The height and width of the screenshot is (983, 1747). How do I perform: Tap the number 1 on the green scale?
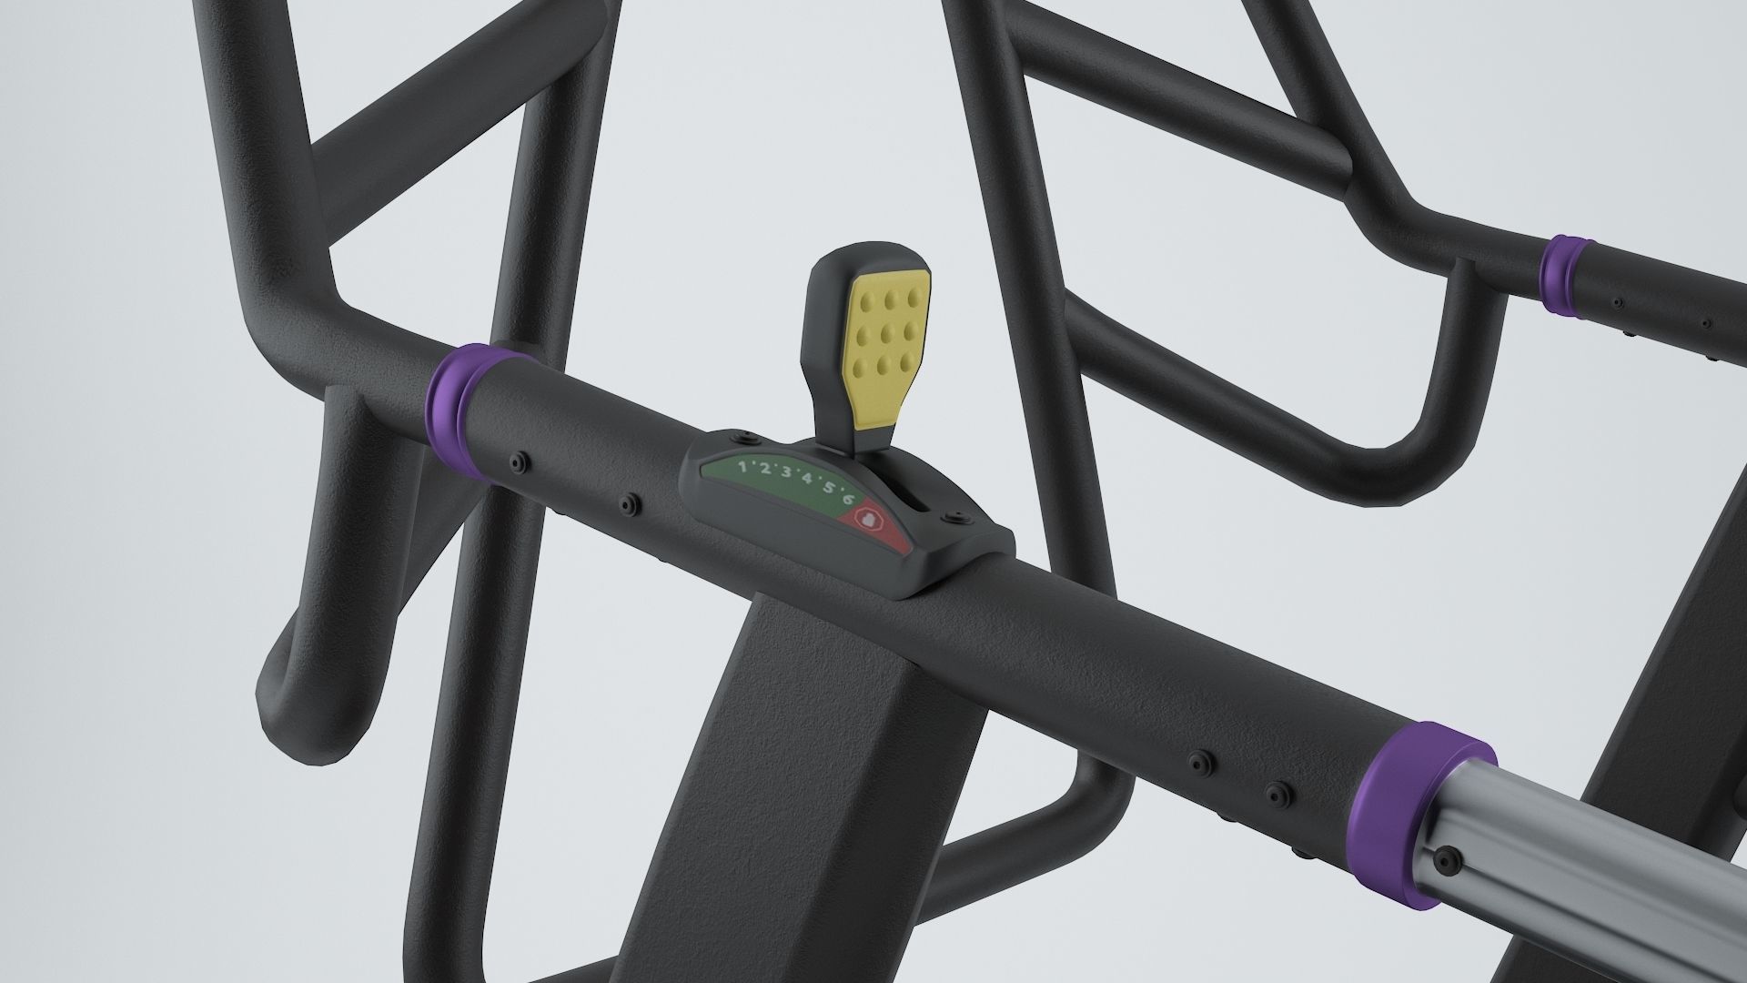pyautogui.click(x=742, y=467)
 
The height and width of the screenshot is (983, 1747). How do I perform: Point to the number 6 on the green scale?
pyautogui.click(x=849, y=500)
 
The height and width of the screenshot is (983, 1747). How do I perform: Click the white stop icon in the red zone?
pyautogui.click(x=868, y=520)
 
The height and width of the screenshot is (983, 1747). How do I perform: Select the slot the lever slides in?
pyautogui.click(x=911, y=501)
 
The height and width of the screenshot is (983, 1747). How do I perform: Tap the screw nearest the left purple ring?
pyautogui.click(x=520, y=463)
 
